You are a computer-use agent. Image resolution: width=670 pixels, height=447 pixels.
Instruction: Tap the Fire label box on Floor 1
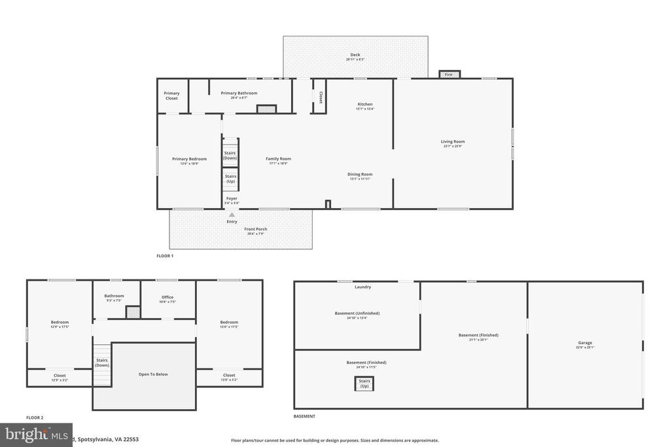pos(449,75)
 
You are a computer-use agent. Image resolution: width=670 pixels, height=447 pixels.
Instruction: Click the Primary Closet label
pos(171,96)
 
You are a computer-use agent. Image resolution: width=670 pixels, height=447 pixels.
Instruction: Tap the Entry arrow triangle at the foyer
pos(232,214)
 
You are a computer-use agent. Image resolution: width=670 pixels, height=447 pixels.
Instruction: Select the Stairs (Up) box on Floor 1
pos(230,178)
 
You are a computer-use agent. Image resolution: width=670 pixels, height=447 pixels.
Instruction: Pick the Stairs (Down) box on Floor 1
pos(230,156)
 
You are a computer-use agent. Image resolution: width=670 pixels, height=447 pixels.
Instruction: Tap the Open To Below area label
pos(153,374)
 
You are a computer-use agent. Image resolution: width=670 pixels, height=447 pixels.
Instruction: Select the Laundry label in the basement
pos(362,287)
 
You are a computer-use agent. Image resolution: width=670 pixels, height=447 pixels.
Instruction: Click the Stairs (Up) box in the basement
pos(364,384)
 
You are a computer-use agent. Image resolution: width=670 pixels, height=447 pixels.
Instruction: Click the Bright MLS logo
pos(36,435)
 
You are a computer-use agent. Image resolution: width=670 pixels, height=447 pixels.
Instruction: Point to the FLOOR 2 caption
pos(35,417)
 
